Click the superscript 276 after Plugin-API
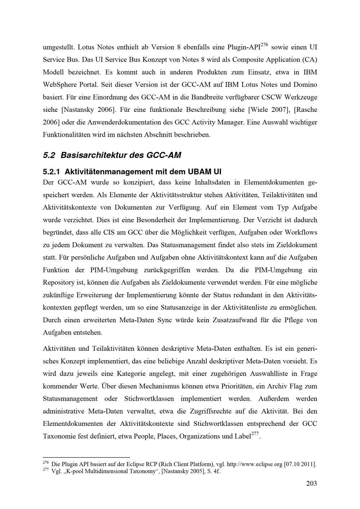pyautogui.click(x=264, y=45)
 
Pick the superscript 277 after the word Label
pyautogui.click(x=255, y=434)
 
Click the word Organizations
pyautogui.click(x=199, y=437)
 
